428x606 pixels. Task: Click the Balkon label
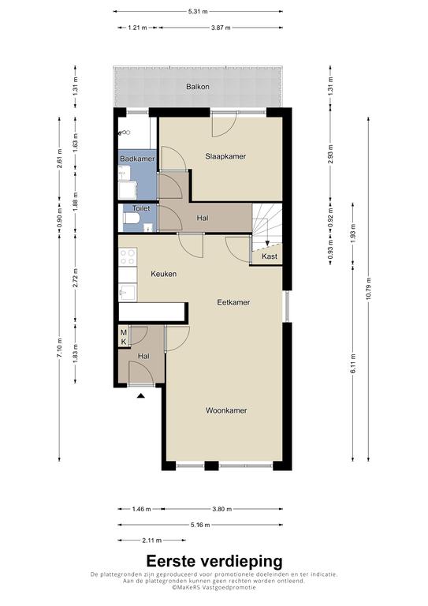click(198, 87)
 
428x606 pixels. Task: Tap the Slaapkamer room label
click(225, 156)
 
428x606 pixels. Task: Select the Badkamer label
click(137, 159)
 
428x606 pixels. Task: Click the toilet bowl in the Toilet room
click(131, 219)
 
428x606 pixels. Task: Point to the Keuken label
click(164, 274)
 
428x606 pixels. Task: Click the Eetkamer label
click(233, 302)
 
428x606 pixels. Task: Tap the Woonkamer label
click(226, 410)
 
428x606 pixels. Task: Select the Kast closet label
click(270, 256)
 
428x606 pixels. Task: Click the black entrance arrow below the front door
click(141, 395)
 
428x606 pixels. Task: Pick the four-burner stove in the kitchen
click(128, 257)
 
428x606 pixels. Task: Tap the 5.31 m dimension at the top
click(198, 12)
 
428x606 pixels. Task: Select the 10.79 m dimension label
click(368, 288)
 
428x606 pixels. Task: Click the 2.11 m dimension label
click(151, 541)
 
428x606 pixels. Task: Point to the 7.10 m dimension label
click(59, 348)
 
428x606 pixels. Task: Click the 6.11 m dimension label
click(353, 363)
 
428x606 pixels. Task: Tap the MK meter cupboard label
click(124, 337)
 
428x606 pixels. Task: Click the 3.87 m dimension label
click(221, 28)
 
